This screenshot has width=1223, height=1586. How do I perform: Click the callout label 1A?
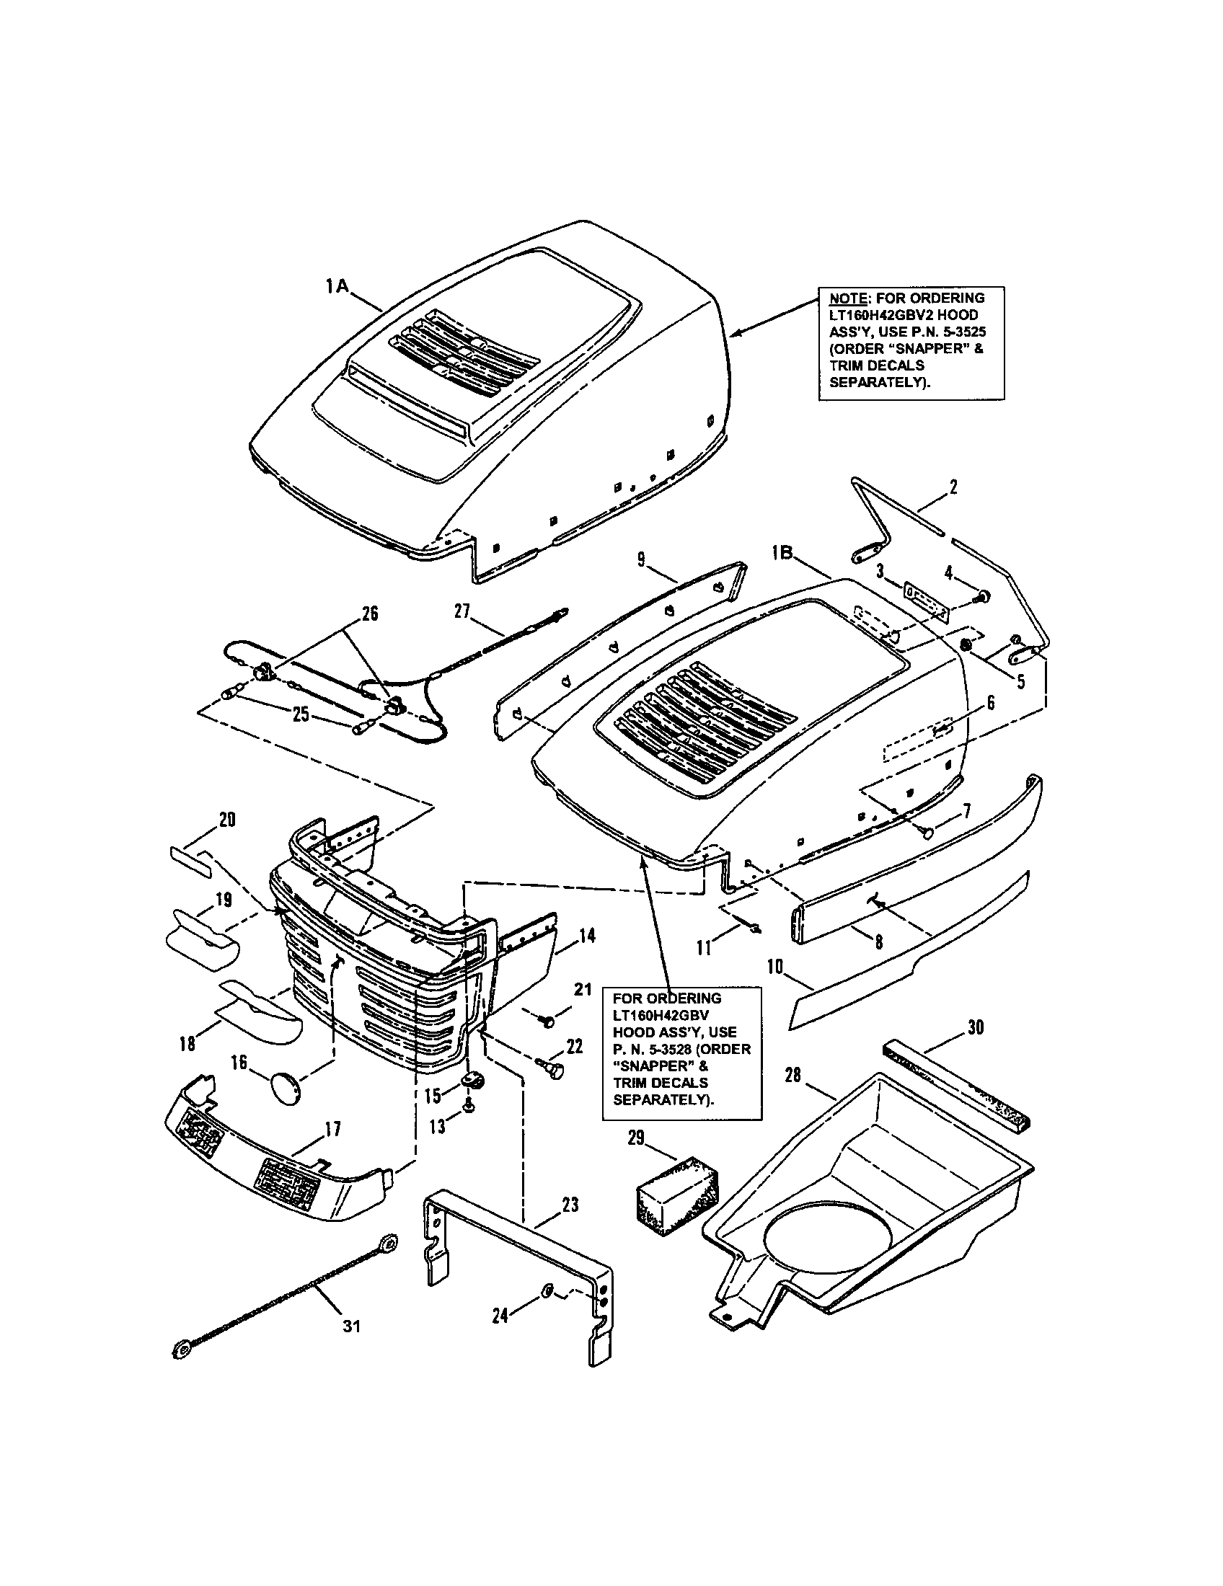pos(337,287)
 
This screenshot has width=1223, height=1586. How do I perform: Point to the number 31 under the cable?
pos(351,1326)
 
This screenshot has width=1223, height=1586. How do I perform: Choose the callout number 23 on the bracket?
pos(571,1205)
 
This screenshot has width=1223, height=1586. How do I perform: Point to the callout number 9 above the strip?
pos(641,559)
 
